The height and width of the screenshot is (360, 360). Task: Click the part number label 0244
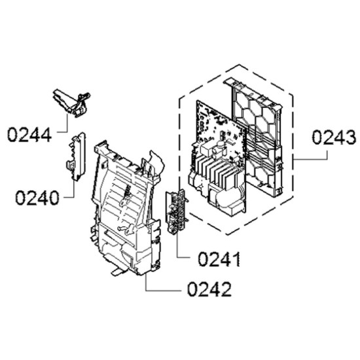click(29, 135)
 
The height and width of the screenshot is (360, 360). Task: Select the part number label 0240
click(37, 198)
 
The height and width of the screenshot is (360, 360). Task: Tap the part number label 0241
click(219, 259)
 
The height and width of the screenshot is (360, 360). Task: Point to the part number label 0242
click(209, 289)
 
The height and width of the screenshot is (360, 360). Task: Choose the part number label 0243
click(334, 137)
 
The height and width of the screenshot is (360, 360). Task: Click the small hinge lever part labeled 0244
click(71, 103)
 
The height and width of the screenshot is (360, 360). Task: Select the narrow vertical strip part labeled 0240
click(76, 156)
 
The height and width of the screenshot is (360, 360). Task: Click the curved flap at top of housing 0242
click(157, 161)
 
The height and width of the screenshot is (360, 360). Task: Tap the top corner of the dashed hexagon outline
click(239, 65)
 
